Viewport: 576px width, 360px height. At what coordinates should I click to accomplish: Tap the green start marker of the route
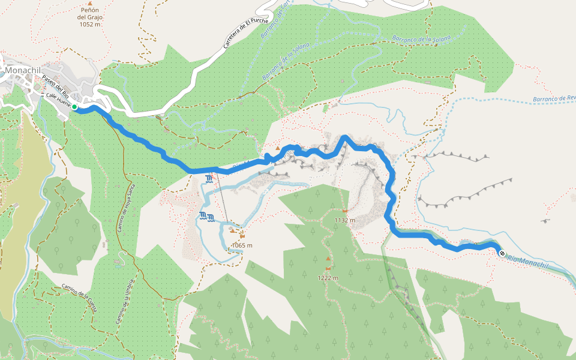(75, 107)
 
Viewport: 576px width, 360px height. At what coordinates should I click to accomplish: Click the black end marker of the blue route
(501, 253)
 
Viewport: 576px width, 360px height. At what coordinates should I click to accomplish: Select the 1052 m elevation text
(89, 25)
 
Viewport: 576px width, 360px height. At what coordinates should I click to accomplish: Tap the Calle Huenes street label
(56, 103)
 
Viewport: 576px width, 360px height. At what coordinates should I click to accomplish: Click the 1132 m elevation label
(345, 220)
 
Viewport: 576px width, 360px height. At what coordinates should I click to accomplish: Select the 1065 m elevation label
(241, 245)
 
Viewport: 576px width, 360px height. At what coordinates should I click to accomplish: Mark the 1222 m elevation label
(328, 278)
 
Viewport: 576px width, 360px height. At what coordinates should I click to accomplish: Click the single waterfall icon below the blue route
(208, 178)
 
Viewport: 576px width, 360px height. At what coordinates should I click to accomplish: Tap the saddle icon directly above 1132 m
(345, 211)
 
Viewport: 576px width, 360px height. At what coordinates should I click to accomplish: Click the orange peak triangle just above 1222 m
(328, 259)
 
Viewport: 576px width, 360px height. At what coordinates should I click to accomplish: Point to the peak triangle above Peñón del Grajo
(89, 4)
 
